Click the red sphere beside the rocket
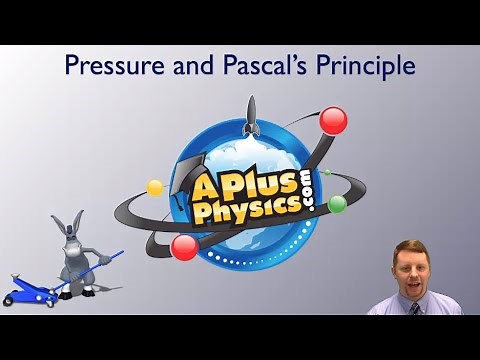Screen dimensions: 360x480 [333, 121]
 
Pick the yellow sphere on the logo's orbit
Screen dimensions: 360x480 [155, 187]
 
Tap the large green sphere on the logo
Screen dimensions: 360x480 [337, 204]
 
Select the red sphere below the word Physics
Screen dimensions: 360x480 [184, 246]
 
